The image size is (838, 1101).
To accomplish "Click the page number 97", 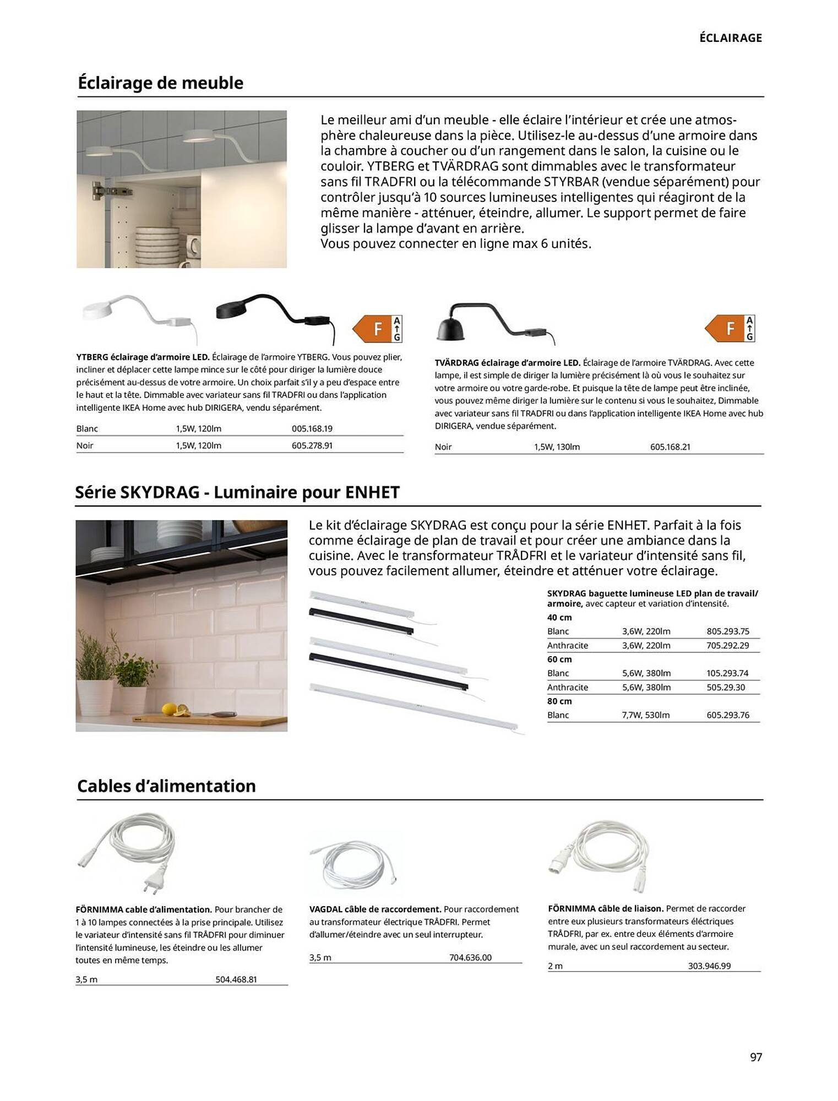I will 755,1056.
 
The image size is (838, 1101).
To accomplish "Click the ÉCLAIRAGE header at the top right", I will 730,38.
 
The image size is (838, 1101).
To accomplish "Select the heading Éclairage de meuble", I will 160,83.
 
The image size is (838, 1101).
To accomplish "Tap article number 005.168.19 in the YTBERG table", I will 312,428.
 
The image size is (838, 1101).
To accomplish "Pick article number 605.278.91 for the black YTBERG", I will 312,445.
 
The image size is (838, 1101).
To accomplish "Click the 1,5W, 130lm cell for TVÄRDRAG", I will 557,446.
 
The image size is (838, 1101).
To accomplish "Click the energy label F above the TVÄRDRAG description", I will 730,329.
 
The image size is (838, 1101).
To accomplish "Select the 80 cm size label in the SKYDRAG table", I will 559,701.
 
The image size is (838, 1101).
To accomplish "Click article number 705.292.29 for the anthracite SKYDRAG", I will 727,645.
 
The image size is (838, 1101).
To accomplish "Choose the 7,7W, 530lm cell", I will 645,715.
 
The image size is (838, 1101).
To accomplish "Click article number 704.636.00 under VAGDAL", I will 470,957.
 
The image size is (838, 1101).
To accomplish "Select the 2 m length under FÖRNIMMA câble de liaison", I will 555,966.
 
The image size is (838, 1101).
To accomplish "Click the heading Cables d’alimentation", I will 166,786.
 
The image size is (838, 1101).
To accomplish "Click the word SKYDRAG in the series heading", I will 159,492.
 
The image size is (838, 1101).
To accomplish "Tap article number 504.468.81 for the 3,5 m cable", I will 236,979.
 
